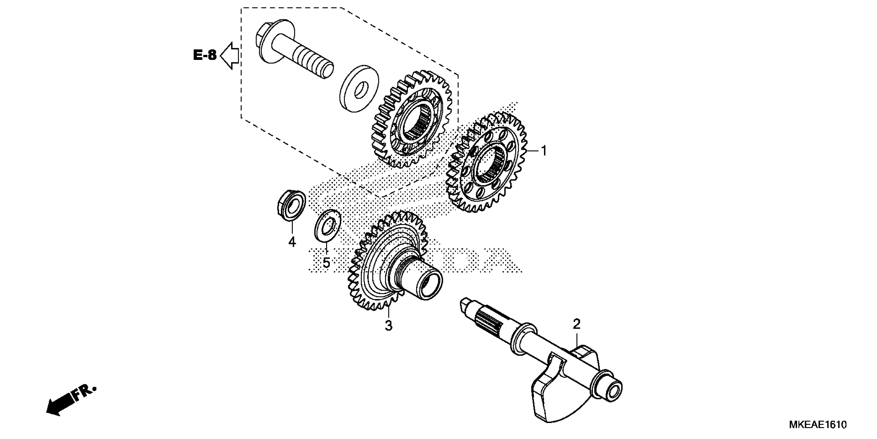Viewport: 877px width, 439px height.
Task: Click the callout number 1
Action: (x=544, y=151)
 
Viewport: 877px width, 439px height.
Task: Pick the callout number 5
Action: (x=326, y=263)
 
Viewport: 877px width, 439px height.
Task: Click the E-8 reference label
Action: (x=205, y=55)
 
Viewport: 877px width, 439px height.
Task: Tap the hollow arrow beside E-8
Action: (x=230, y=56)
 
